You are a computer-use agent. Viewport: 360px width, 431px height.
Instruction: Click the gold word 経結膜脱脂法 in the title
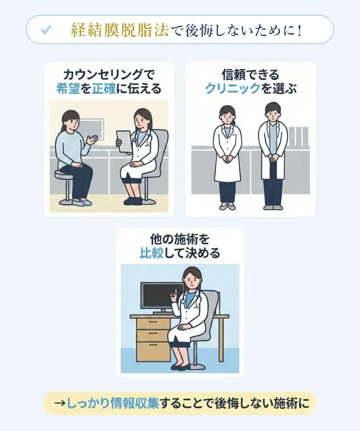pyautogui.click(x=119, y=30)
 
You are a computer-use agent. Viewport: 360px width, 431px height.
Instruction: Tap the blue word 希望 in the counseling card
pyautogui.click(x=67, y=89)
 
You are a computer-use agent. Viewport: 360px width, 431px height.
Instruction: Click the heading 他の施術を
pyautogui.click(x=180, y=239)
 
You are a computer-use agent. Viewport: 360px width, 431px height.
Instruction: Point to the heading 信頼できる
pyautogui.click(x=251, y=74)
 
